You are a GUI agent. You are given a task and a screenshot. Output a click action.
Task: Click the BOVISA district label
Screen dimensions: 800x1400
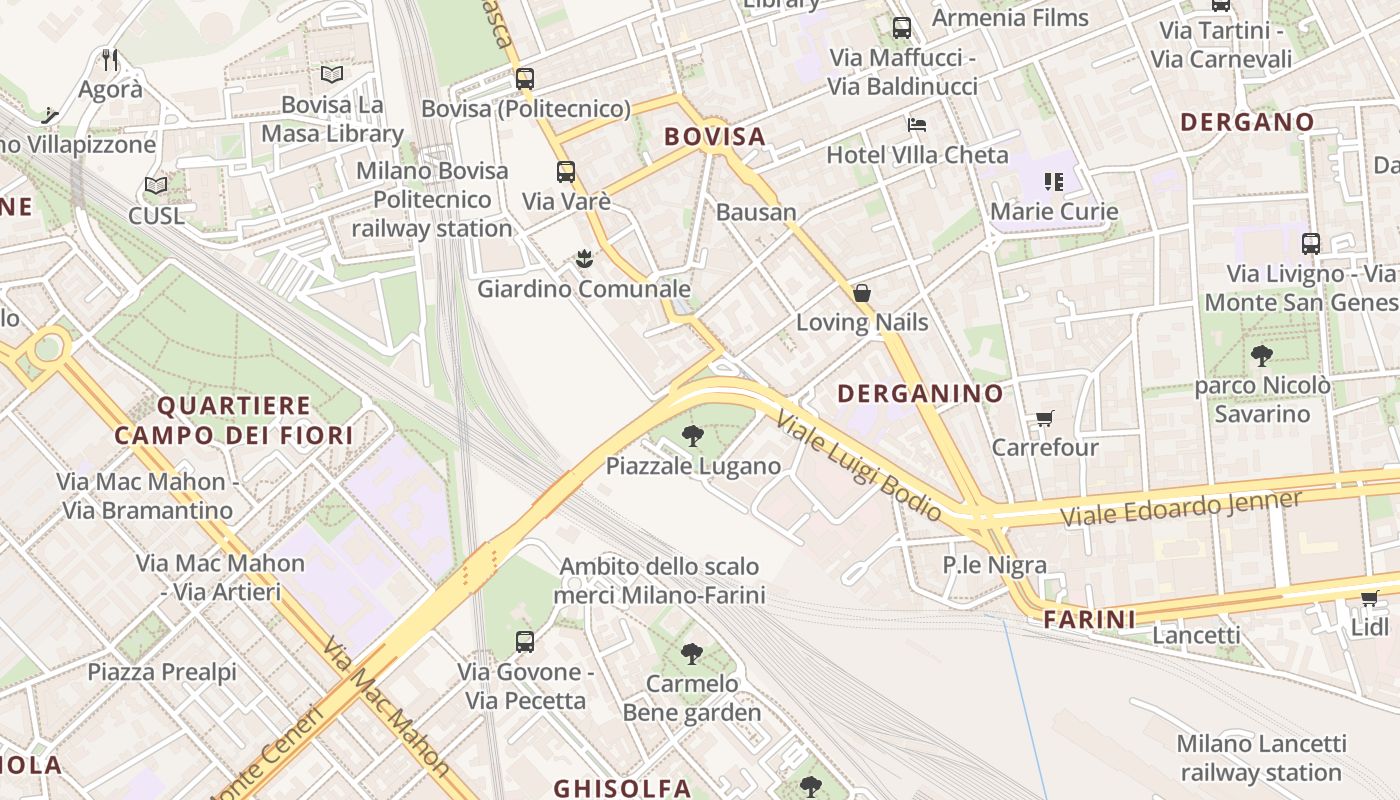coord(714,137)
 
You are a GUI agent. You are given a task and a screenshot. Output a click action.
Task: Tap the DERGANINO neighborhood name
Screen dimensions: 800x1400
coord(920,394)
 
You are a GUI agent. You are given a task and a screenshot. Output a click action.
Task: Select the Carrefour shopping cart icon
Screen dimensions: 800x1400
coord(1045,419)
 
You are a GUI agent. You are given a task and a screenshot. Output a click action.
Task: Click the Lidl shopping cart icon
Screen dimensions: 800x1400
coord(1369,599)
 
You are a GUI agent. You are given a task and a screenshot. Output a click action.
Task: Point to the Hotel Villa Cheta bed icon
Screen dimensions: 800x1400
coord(917,125)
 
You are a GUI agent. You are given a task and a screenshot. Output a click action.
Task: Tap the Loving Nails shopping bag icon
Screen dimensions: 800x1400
coord(861,293)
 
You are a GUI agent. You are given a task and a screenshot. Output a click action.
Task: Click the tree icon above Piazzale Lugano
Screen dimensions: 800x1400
coord(692,436)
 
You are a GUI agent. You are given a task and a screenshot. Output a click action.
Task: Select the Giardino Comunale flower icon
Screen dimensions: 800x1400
coord(584,260)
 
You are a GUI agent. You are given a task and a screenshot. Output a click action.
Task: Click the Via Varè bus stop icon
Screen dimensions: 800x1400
coord(566,172)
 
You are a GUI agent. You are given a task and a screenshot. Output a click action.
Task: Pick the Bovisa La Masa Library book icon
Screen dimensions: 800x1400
coord(332,74)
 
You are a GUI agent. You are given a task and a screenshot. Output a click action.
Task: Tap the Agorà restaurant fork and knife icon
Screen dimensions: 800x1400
coord(110,60)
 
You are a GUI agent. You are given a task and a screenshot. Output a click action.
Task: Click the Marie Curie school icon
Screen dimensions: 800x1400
coord(1053,182)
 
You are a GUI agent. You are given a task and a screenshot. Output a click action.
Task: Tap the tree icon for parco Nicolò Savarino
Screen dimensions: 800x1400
coord(1262,355)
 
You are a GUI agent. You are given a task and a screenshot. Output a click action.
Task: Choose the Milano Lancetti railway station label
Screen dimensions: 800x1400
coord(1260,758)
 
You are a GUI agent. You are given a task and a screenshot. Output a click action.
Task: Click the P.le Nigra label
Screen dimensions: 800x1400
coord(994,565)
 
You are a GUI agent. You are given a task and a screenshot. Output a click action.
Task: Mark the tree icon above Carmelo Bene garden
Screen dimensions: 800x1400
coord(691,655)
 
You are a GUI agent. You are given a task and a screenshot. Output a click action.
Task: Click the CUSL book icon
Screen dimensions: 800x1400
coord(155,186)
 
